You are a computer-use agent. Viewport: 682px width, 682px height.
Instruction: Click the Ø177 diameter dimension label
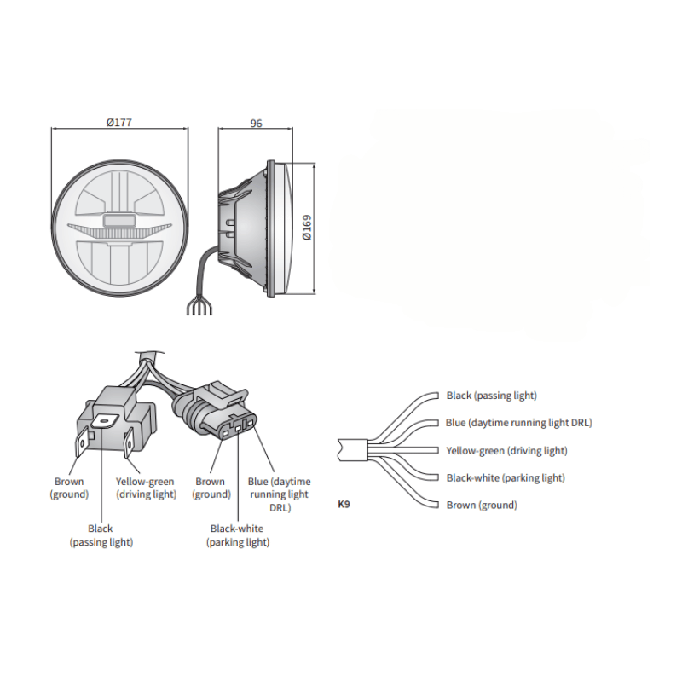pyautogui.click(x=119, y=123)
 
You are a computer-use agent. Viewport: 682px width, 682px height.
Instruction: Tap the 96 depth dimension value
pyautogui.click(x=256, y=123)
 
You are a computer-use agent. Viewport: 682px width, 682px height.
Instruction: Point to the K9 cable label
pyautogui.click(x=344, y=505)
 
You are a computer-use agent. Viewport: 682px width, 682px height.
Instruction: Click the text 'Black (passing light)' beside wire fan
pyautogui.click(x=492, y=396)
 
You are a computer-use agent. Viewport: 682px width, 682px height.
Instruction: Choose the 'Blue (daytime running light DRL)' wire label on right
pyautogui.click(x=518, y=423)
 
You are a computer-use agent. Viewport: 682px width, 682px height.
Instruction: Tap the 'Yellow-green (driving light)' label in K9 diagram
pyautogui.click(x=506, y=450)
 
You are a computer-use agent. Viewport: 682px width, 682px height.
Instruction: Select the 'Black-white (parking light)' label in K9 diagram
pyautogui.click(x=506, y=477)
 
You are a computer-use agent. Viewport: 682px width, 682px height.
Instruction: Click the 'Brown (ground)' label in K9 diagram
pyautogui.click(x=482, y=505)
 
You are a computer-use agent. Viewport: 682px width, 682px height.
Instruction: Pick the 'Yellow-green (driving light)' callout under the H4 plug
pyautogui.click(x=146, y=488)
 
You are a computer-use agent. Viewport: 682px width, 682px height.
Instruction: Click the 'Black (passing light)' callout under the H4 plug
pyautogui.click(x=101, y=535)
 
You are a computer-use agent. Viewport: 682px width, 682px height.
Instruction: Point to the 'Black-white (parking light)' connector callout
pyautogui.click(x=238, y=535)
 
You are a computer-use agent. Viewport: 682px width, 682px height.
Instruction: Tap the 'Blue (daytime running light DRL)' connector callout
pyautogui.click(x=279, y=494)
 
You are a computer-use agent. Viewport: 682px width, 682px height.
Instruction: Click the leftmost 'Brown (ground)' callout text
pyautogui.click(x=69, y=488)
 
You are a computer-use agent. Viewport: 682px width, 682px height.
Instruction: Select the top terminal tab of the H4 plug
pyautogui.click(x=105, y=419)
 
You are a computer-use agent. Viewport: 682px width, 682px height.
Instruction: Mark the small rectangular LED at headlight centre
pyautogui.click(x=119, y=220)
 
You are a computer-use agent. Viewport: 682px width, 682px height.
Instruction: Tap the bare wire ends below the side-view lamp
pyautogui.click(x=199, y=309)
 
